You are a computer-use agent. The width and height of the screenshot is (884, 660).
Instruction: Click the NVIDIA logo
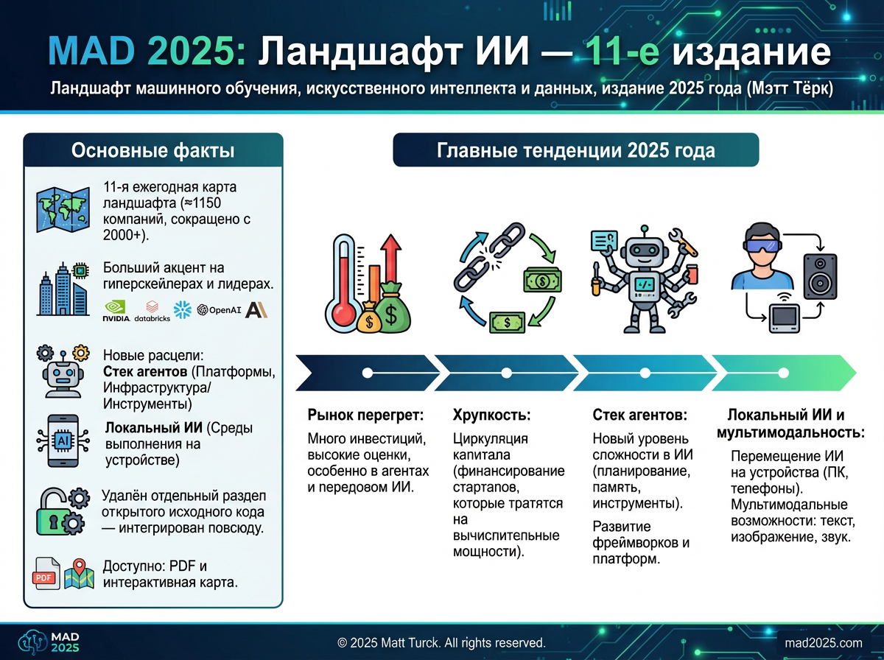pyautogui.click(x=116, y=310)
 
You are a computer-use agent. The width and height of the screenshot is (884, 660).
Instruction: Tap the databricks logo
pyautogui.click(x=152, y=311)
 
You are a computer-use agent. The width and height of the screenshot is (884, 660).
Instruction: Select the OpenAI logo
pyautogui.click(x=219, y=309)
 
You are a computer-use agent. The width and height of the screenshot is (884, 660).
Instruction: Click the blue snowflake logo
pyautogui.click(x=183, y=309)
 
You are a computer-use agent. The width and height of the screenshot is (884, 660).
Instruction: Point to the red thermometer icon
pyautogui.click(x=343, y=284)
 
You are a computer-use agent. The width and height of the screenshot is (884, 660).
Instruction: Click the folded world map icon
pyautogui.click(x=63, y=209)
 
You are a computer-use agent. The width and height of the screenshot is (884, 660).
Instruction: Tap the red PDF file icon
pyautogui.click(x=46, y=574)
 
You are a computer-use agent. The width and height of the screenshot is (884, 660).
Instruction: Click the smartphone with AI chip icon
pyautogui.click(x=63, y=441)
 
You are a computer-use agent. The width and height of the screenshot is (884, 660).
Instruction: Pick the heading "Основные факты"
pyautogui.click(x=153, y=150)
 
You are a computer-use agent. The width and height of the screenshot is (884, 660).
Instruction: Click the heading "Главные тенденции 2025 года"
pyautogui.click(x=576, y=150)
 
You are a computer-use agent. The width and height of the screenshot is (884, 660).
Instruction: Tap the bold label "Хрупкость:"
pyautogui.click(x=492, y=415)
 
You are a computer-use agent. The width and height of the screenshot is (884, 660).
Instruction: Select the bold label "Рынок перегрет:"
pyautogui.click(x=365, y=415)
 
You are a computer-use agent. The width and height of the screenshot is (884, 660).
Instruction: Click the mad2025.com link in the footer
pyautogui.click(x=824, y=643)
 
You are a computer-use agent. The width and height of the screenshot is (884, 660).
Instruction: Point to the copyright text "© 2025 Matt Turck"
pyautogui.click(x=387, y=642)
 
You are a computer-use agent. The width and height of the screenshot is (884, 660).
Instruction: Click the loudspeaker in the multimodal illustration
pyautogui.click(x=821, y=276)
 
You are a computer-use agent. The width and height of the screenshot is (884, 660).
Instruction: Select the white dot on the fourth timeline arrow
pyautogui.click(x=783, y=373)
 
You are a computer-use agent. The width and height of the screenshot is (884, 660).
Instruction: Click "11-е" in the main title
pyautogui.click(x=622, y=52)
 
